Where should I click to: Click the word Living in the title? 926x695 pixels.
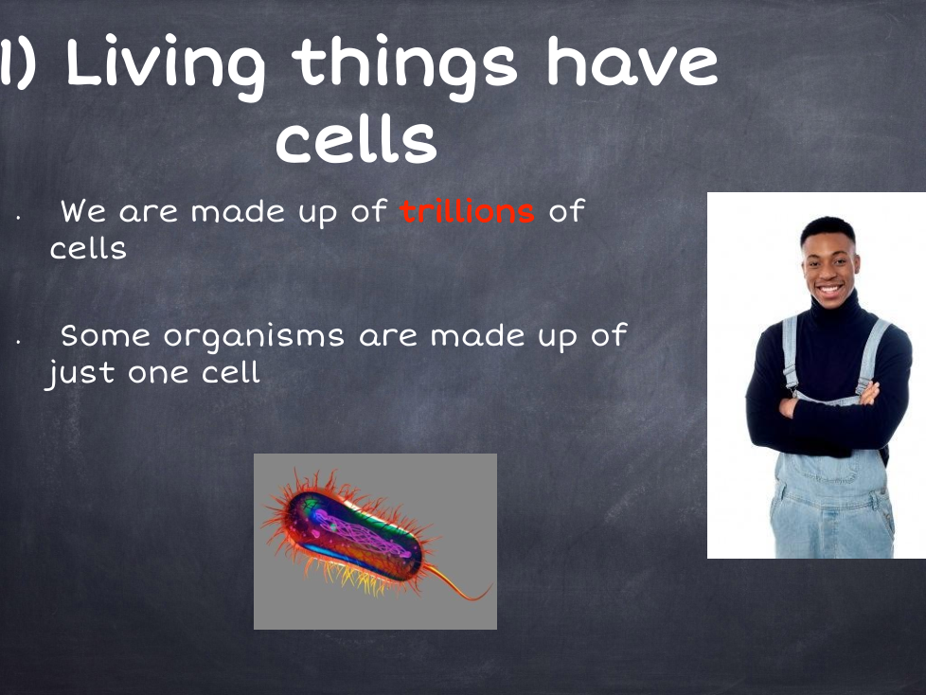click(166, 66)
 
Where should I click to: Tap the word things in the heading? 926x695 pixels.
click(404, 66)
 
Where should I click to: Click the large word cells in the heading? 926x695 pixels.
click(356, 137)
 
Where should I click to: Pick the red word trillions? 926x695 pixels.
click(467, 211)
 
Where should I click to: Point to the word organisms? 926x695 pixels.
click(254, 337)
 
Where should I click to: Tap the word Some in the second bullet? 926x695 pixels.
click(105, 335)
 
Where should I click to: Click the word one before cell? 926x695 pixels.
click(158, 374)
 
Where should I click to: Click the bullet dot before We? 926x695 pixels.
click(19, 218)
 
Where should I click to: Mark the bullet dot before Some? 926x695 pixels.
click(19, 342)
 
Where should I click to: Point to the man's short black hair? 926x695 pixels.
click(828, 229)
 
